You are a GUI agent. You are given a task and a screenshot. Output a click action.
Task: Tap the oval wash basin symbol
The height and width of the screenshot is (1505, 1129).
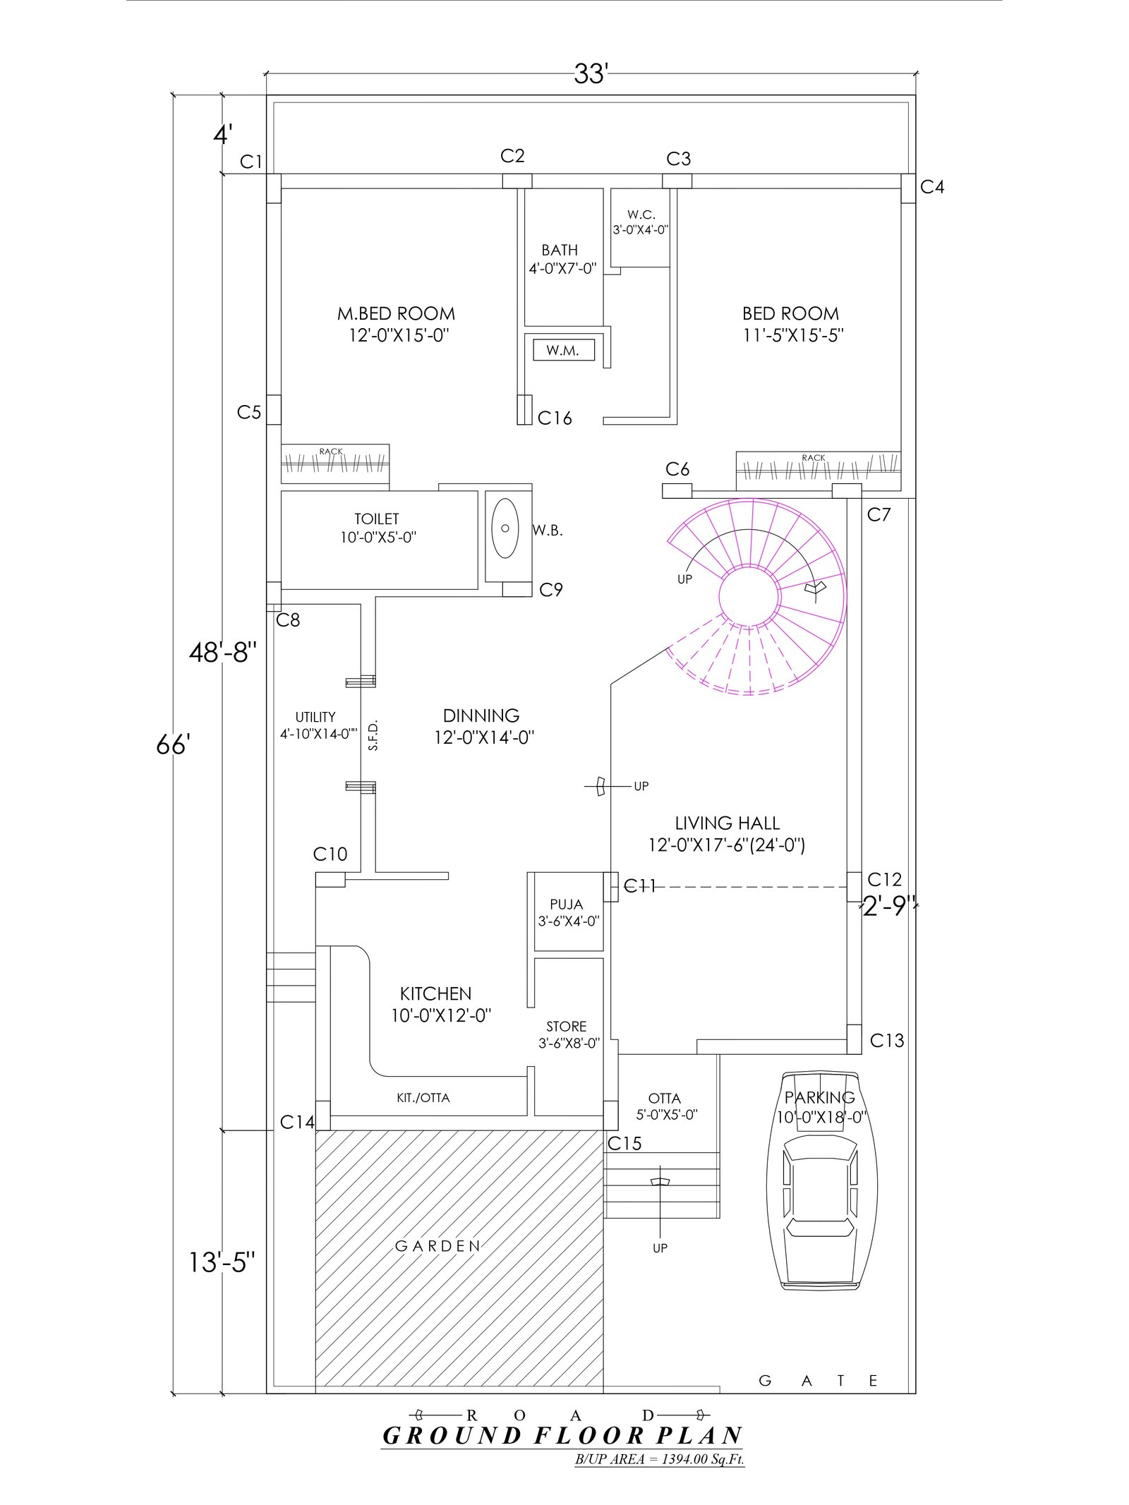(x=505, y=528)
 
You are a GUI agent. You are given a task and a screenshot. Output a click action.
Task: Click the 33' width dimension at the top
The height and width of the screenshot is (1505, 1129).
(x=591, y=74)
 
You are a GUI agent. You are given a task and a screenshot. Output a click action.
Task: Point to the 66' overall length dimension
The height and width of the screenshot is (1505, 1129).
(x=174, y=744)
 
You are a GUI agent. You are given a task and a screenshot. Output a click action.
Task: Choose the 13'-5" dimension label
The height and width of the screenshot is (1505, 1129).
(x=222, y=1262)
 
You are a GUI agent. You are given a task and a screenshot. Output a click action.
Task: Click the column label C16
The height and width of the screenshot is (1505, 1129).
(x=555, y=418)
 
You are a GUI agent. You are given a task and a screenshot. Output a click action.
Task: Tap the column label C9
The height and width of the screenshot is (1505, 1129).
(x=551, y=590)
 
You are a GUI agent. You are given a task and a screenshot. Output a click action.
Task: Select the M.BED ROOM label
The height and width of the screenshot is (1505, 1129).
(x=396, y=313)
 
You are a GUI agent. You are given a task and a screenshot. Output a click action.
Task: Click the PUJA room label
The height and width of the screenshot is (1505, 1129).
(x=567, y=905)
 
